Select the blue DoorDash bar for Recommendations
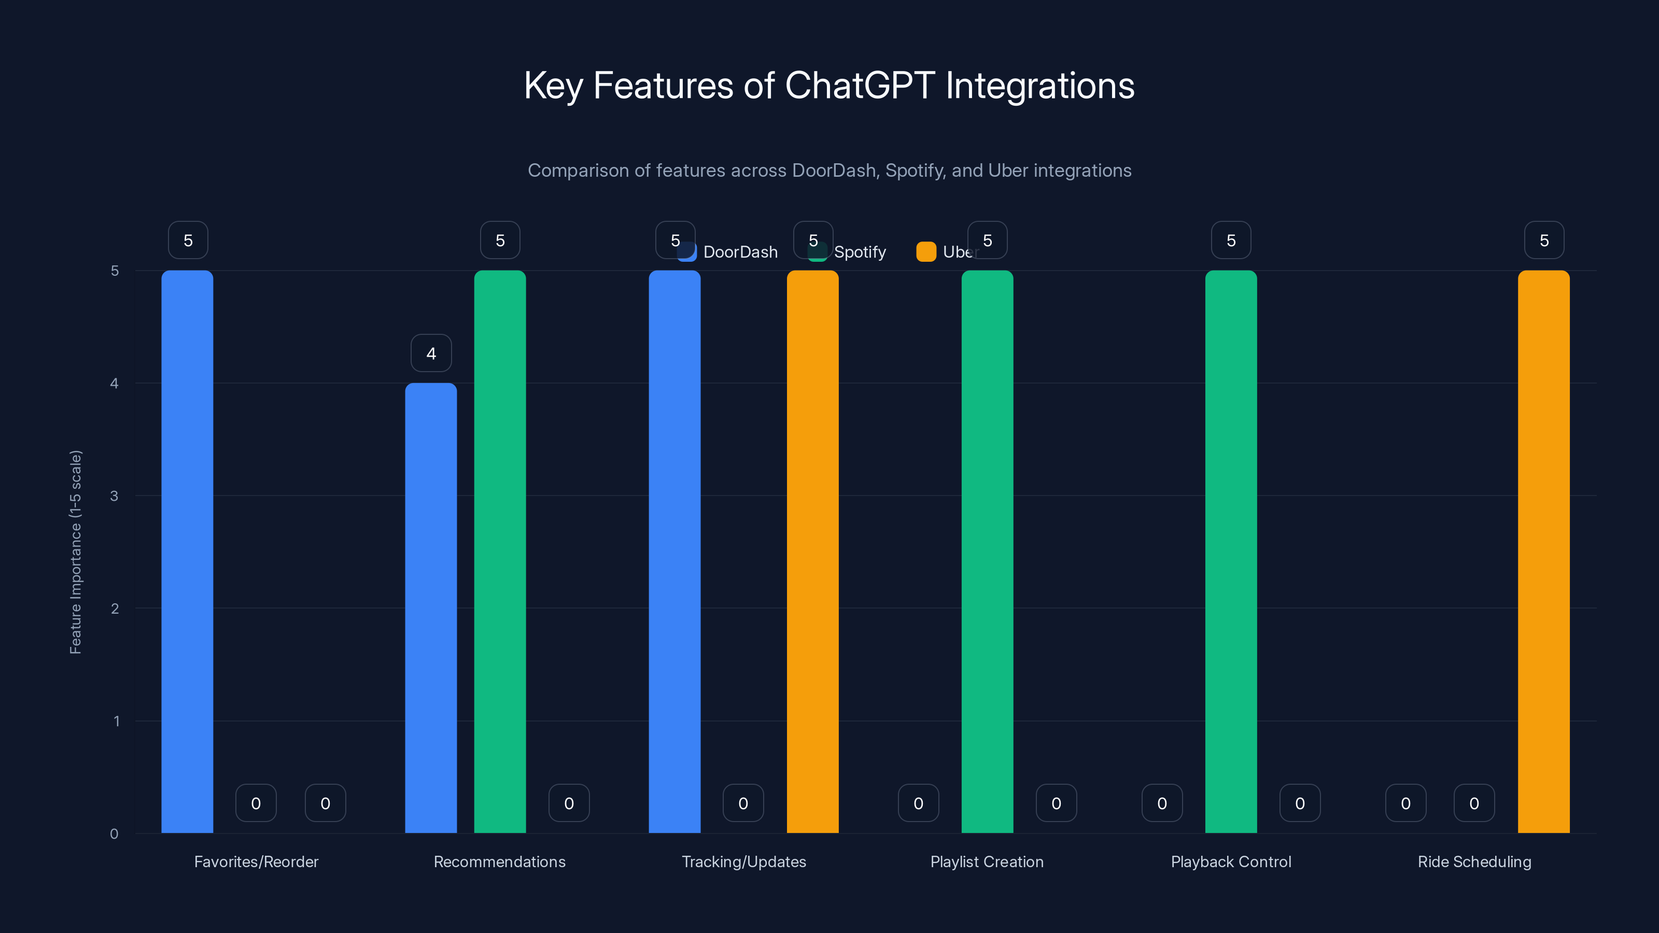431,608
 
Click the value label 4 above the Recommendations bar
431,353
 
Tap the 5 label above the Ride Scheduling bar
1544,240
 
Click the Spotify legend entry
859,252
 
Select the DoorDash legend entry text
740,252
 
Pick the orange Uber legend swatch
925,252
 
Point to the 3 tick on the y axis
115,496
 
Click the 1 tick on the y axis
117,721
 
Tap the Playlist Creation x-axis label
987,861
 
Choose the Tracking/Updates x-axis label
744,861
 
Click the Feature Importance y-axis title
75,552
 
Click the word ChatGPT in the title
860,86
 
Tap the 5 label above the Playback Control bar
1231,240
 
